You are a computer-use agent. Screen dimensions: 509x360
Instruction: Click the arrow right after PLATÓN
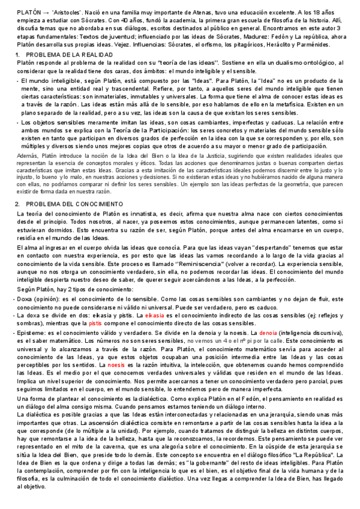[x=46, y=12]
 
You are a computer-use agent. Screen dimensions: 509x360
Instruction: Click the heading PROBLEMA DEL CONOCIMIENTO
[x=79, y=204]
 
